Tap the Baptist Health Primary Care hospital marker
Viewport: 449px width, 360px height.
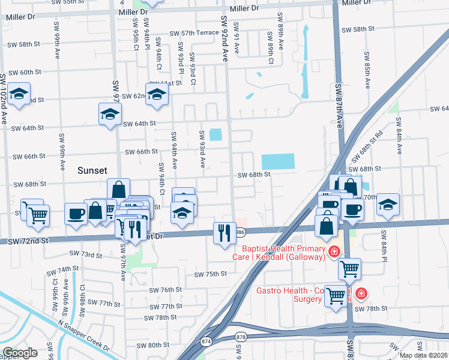pos(333,253)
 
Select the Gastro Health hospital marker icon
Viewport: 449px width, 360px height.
pos(361,294)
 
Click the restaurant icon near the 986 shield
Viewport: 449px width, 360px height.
pos(224,232)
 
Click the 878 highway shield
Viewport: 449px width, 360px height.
pos(241,337)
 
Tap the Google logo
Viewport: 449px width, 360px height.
pos(20,353)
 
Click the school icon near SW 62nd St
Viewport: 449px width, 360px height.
pos(157,95)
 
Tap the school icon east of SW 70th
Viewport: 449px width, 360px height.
pos(388,205)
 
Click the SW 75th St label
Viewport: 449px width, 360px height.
pos(210,274)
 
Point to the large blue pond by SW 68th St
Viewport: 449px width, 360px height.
pos(279,161)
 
